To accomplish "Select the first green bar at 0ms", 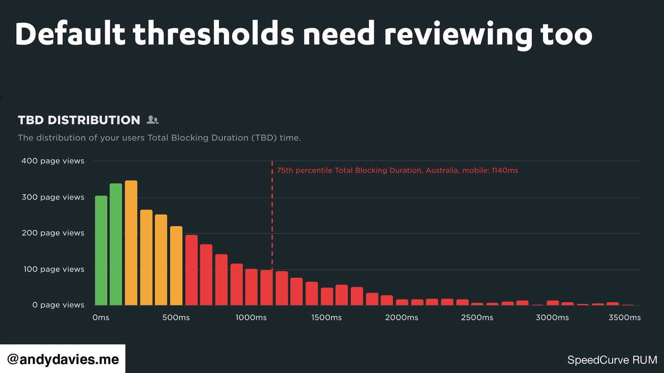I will (101, 250).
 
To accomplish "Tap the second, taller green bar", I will (116, 245).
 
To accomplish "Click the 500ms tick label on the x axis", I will (176, 317).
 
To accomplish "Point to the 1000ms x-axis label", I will (251, 317).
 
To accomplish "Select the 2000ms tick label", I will (402, 317).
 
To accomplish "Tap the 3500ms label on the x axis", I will (625, 317).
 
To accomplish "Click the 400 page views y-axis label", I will (53, 161).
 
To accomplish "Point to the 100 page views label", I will (54, 269).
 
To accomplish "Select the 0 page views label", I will (58, 305).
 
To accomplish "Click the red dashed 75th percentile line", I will (272, 216).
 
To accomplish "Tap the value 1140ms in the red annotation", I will (505, 170).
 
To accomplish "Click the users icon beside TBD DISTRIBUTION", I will (153, 120).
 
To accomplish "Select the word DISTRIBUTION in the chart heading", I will (94, 120).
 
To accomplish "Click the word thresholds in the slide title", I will (213, 34).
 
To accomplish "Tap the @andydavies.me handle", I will (63, 359).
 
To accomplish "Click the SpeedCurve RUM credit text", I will (612, 360).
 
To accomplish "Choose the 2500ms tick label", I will (477, 317).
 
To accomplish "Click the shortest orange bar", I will (176, 266).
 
